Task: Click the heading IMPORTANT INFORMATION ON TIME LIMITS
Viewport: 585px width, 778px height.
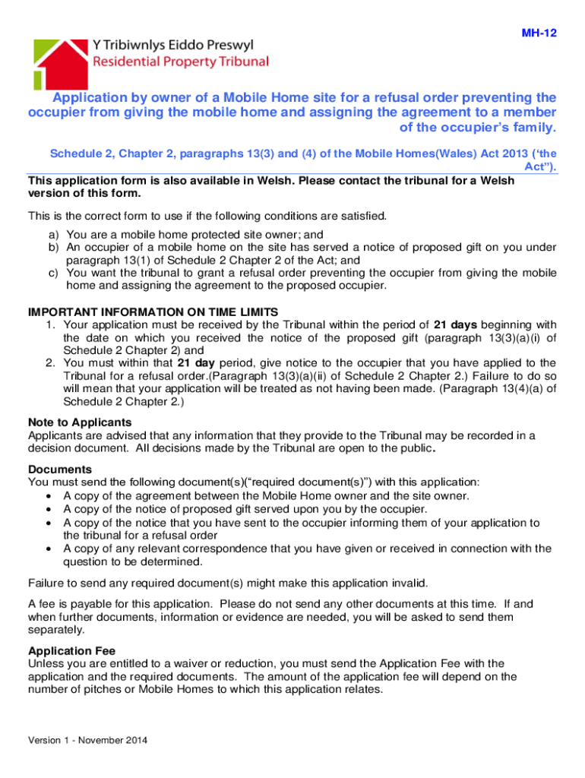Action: tap(153, 312)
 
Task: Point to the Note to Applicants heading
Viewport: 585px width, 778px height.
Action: tap(80, 422)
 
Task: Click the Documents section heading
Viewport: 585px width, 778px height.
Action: tap(60, 470)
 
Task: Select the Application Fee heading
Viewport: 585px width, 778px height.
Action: tap(71, 650)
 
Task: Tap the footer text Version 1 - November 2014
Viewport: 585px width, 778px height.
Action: tap(87, 740)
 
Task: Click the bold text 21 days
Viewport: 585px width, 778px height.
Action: tap(454, 325)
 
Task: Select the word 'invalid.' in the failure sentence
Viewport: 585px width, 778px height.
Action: tap(407, 583)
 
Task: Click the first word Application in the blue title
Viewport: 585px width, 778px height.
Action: tap(90, 98)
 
